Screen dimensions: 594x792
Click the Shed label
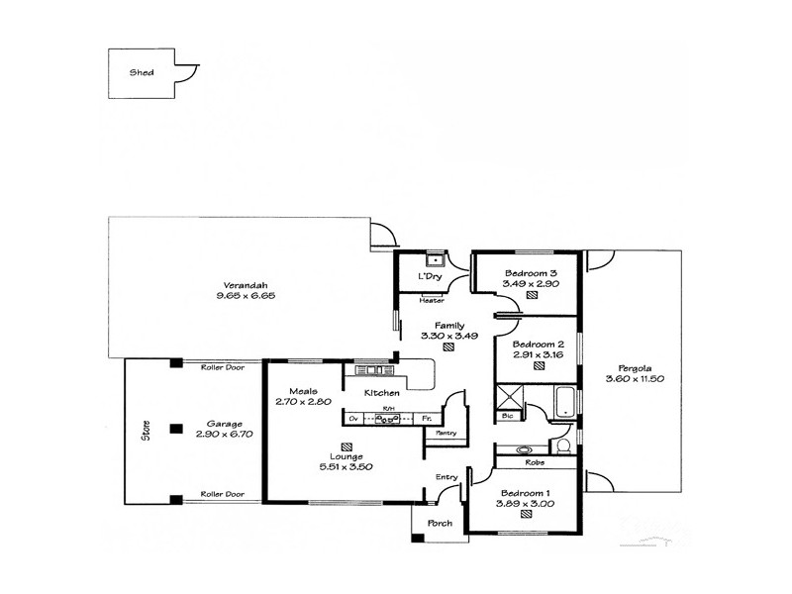(142, 72)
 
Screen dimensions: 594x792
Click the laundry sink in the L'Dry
(433, 261)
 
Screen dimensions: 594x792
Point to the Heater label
(432, 300)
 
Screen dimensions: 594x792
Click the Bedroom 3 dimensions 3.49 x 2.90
(532, 283)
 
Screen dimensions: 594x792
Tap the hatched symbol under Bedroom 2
(539, 365)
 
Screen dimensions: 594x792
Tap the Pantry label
(445, 433)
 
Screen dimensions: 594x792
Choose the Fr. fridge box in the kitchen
(427, 419)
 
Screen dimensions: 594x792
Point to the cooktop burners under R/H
(389, 419)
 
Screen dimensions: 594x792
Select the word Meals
(303, 390)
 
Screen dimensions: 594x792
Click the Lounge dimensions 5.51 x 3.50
(345, 466)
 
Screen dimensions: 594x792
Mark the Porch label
(439, 523)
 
